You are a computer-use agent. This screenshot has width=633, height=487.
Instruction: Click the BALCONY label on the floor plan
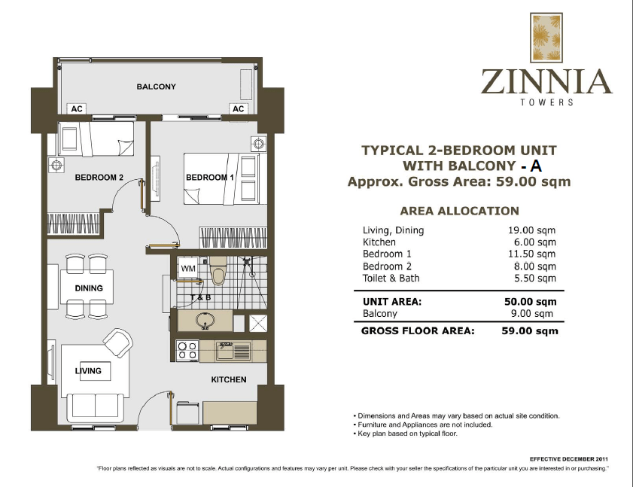click(x=156, y=87)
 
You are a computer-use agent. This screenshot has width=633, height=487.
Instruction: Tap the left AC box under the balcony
click(x=76, y=109)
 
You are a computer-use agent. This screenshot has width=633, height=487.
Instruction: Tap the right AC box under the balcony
click(x=239, y=109)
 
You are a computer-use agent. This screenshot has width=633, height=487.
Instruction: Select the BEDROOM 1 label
click(x=211, y=178)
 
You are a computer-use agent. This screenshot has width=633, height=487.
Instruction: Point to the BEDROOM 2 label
click(x=99, y=178)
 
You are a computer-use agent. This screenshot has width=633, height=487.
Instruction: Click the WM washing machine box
click(x=188, y=268)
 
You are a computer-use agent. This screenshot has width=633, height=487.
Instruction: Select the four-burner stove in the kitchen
click(x=187, y=351)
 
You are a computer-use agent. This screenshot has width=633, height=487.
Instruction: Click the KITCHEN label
click(x=228, y=379)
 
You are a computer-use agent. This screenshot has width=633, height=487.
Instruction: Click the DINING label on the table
click(x=88, y=288)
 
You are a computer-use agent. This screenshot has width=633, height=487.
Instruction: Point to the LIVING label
click(x=88, y=372)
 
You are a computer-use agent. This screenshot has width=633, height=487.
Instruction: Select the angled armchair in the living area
click(x=117, y=344)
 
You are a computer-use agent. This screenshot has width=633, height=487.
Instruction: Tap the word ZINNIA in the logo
click(x=546, y=81)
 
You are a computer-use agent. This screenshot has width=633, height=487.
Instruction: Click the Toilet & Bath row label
click(x=391, y=279)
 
